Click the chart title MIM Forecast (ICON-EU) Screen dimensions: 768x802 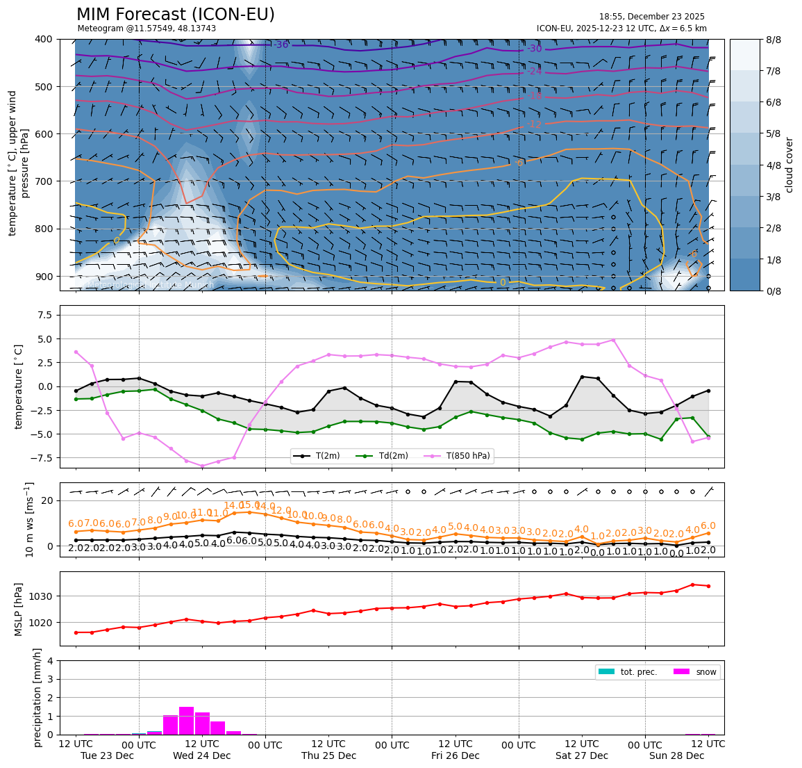pyautogui.click(x=175, y=15)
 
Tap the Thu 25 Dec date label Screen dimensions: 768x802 pyautogui.click(x=328, y=755)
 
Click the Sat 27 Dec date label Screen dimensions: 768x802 pyautogui.click(x=581, y=755)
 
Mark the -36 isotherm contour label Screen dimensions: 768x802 pyautogui.click(x=281, y=45)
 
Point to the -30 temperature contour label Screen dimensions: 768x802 pyautogui.click(x=534, y=49)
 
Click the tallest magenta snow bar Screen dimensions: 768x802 pyautogui.click(x=186, y=721)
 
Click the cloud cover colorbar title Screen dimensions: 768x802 pyautogui.click(x=789, y=165)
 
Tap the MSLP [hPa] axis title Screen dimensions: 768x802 pyautogui.click(x=19, y=609)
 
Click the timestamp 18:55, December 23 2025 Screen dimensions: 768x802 pyautogui.click(x=651, y=17)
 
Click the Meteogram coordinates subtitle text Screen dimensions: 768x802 pyautogui.click(x=147, y=28)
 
